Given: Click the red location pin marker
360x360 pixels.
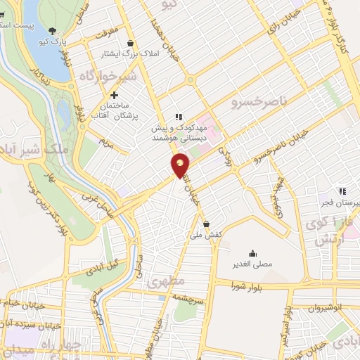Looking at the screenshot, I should click(181, 166).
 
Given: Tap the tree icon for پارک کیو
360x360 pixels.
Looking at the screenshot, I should click(53, 30).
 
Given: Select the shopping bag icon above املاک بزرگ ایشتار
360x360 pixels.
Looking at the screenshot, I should click(131, 42).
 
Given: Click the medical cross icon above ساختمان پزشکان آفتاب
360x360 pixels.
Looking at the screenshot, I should click(114, 95).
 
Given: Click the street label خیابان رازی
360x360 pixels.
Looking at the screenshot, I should click(281, 24).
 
